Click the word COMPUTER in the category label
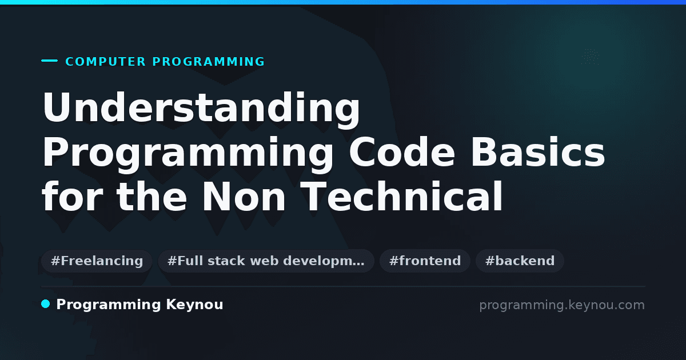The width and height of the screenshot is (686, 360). [105, 62]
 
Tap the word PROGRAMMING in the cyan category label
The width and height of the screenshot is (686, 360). [209, 62]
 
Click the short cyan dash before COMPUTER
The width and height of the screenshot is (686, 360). [49, 61]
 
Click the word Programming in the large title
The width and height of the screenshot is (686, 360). [188, 154]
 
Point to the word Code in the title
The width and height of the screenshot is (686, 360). [402, 152]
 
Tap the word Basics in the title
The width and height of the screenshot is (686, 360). [538, 152]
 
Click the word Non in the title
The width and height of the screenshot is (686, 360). [244, 197]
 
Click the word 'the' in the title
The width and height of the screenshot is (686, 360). [152, 196]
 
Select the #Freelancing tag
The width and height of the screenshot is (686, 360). [97, 261]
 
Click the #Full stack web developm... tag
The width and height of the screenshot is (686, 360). [266, 261]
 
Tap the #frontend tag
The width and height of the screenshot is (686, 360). [425, 261]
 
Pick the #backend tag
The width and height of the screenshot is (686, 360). [520, 261]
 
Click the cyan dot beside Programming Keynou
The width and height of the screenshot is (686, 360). [46, 304]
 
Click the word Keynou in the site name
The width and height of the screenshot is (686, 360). [194, 305]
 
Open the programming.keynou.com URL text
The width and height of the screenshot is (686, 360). [562, 305]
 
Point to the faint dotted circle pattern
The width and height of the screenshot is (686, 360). [590, 57]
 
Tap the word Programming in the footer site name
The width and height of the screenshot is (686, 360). [109, 305]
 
